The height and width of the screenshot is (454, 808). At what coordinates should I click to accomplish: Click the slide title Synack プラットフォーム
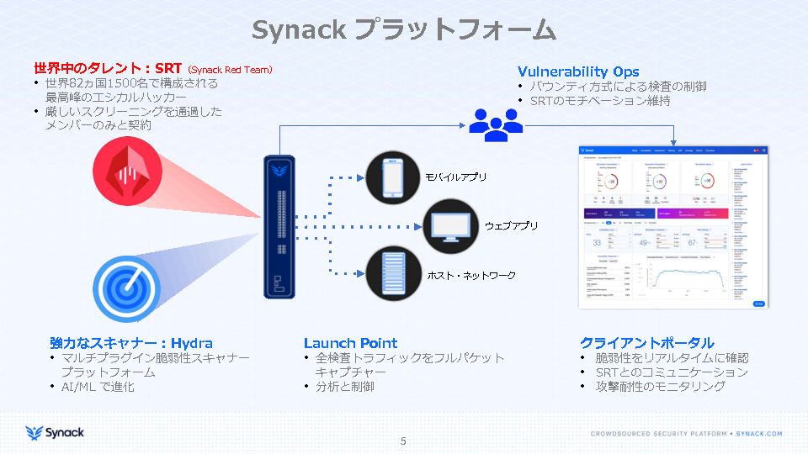coord(404,29)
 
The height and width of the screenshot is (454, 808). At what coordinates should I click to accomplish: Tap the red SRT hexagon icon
coord(128,173)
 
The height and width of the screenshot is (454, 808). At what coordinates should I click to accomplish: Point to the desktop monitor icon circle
coord(450,227)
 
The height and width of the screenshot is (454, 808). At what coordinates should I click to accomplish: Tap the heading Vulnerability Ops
coord(578,71)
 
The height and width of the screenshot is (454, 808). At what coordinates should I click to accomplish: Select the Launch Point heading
coord(350,343)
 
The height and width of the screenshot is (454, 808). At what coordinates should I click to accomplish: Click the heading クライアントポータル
coord(646,343)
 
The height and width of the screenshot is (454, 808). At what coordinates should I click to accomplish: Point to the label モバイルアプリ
coord(456,178)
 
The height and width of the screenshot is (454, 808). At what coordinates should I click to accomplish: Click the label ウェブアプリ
coord(511,227)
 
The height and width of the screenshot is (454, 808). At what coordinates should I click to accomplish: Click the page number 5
coord(403,441)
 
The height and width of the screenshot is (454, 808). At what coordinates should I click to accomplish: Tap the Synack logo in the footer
coord(55,433)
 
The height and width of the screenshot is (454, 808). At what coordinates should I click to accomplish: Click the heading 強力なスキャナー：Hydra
coord(131,343)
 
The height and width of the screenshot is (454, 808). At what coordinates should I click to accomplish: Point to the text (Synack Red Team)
coord(230,69)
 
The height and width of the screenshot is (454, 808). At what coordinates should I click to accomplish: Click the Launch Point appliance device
coord(279,227)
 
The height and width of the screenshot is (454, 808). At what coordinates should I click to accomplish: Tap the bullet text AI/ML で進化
coord(98,387)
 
